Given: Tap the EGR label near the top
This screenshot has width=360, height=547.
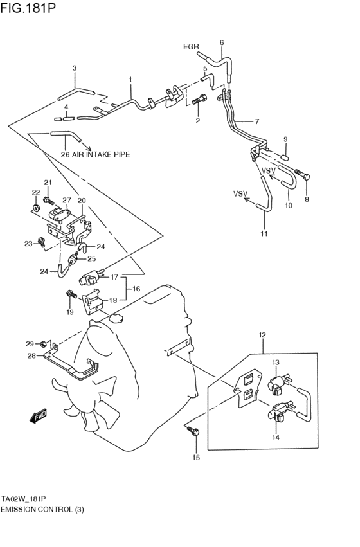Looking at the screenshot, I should pos(191,47).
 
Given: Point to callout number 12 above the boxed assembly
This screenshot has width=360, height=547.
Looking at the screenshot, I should pos(262,335).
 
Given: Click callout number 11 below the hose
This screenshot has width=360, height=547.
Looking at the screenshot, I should pos(264,233).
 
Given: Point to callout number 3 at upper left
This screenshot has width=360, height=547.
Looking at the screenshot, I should pos(75,68).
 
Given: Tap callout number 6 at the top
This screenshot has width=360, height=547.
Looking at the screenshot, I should pos(222,43).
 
